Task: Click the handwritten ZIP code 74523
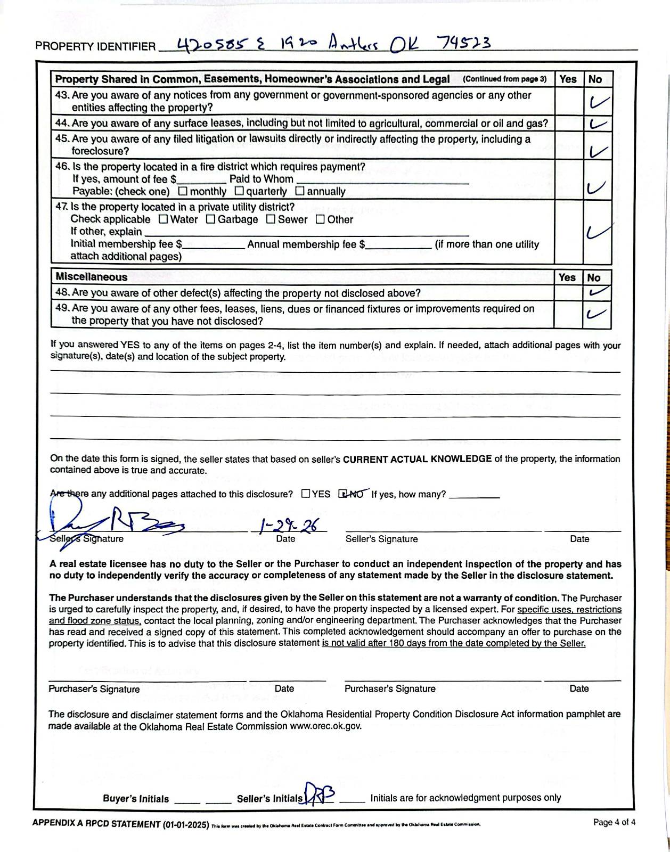tap(463, 43)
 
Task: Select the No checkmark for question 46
tap(596, 187)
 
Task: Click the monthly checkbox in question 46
tap(183, 191)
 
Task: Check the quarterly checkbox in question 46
tap(239, 191)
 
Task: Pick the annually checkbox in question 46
tap(300, 191)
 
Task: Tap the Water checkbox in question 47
tap(164, 219)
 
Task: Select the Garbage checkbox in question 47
tap(211, 219)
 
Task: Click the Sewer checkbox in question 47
tap(271, 219)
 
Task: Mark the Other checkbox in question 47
tap(320, 219)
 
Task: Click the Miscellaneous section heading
tap(91, 277)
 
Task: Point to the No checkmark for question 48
tap(597, 292)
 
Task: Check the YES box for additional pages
tap(306, 494)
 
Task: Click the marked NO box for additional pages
tap(343, 494)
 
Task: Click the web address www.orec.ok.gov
tap(325, 726)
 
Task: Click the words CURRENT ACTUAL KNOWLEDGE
tap(417, 459)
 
